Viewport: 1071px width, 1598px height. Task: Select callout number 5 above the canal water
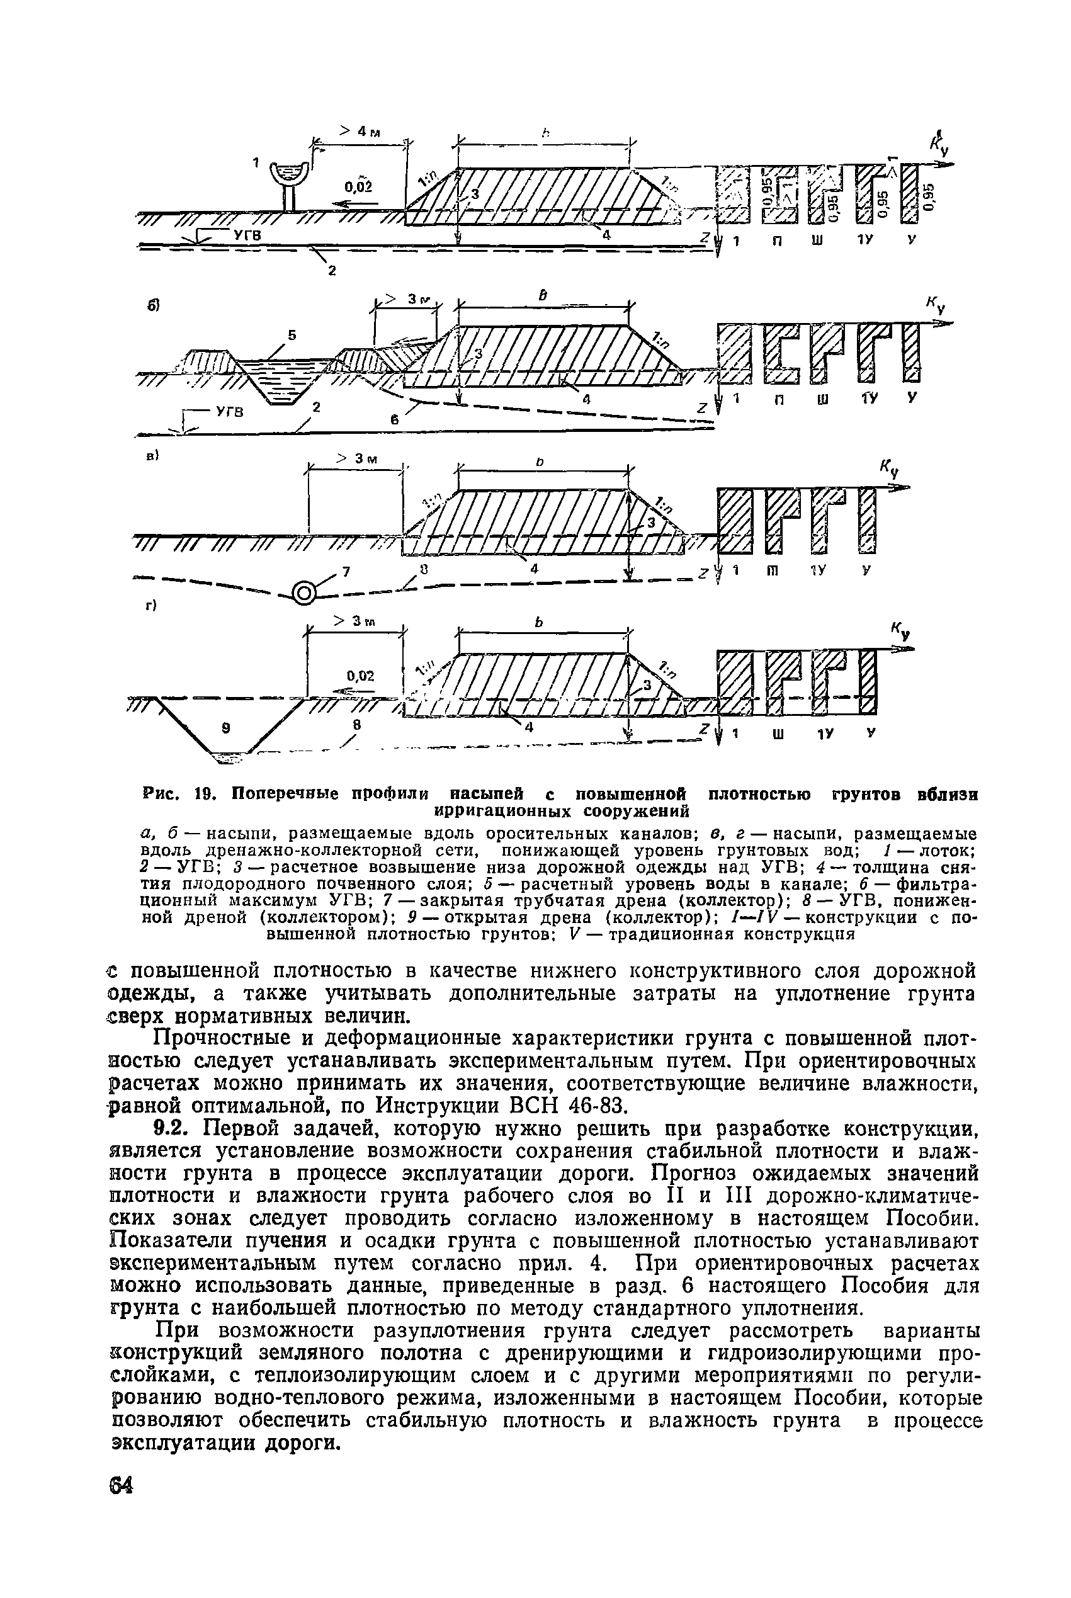coord(292,336)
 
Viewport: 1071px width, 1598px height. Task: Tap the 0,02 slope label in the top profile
coord(358,186)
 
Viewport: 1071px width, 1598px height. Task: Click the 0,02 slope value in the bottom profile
coord(361,676)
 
